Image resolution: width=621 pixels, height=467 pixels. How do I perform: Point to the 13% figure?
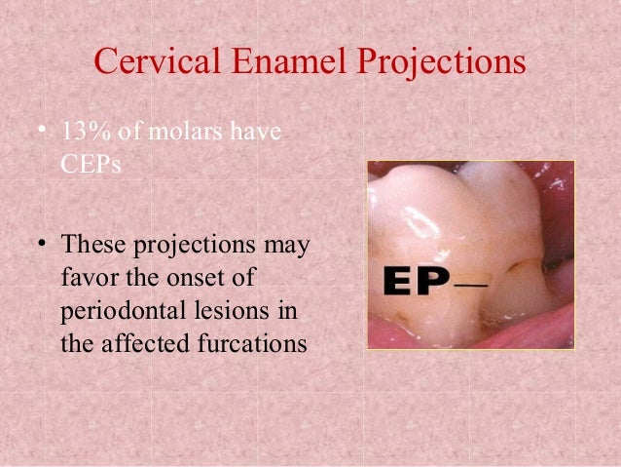click(x=82, y=133)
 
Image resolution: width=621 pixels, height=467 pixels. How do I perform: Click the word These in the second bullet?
click(x=91, y=244)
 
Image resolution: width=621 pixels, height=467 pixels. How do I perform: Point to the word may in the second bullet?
click(x=285, y=244)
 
